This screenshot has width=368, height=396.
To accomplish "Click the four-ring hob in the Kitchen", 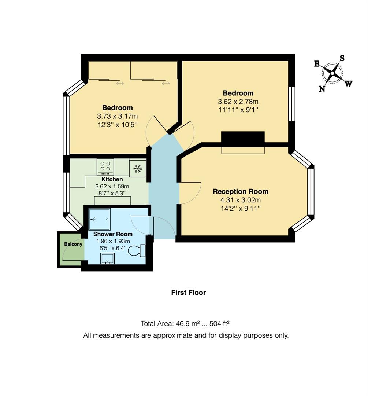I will click(x=105, y=166).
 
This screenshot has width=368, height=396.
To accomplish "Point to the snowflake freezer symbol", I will click(x=138, y=168).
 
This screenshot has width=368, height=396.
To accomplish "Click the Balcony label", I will click(x=73, y=244).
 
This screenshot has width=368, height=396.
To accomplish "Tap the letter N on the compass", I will click(x=322, y=88).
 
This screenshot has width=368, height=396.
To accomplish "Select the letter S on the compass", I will click(x=342, y=58).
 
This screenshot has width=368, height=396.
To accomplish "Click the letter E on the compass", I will click(x=317, y=64).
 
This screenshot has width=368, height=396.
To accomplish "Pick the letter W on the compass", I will click(x=348, y=84).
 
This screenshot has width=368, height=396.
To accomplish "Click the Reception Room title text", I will click(x=241, y=191).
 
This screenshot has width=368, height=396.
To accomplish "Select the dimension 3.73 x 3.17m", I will click(x=117, y=116).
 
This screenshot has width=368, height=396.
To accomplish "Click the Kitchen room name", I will click(x=112, y=179).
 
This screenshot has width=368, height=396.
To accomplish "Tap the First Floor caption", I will click(x=189, y=293).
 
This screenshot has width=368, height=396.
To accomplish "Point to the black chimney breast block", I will click(x=243, y=139).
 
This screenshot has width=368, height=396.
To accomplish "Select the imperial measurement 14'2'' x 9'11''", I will click(x=241, y=208).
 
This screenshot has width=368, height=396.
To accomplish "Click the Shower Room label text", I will click(x=113, y=234).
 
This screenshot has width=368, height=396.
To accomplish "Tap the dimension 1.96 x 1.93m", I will click(x=113, y=241).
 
